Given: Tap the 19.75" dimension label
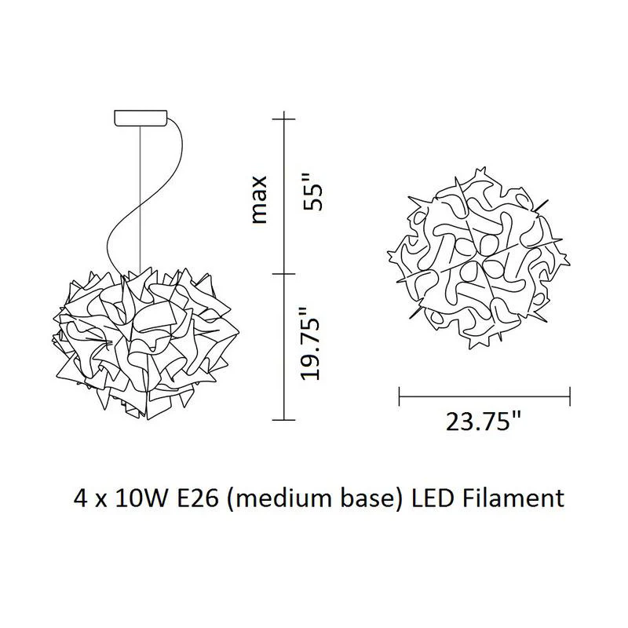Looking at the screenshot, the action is (310, 343).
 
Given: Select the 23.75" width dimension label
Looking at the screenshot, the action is (484, 421).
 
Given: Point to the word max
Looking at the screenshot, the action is (259, 199).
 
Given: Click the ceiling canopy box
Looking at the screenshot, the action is (141, 119).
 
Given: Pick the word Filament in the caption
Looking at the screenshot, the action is (513, 498).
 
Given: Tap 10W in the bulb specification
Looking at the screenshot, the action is (141, 498).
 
